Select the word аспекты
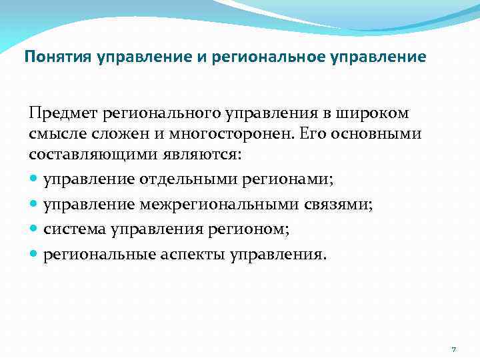click(x=197, y=255)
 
